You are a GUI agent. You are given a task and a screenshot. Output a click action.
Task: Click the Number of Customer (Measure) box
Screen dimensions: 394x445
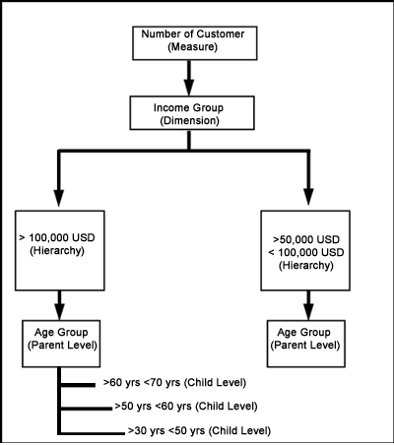click(x=195, y=43)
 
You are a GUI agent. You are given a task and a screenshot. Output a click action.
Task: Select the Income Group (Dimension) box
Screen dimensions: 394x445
click(x=192, y=113)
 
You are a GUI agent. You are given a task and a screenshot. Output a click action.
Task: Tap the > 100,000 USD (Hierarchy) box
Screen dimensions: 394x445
click(x=60, y=251)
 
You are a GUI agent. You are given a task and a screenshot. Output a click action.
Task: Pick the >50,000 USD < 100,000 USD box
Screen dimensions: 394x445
click(x=305, y=251)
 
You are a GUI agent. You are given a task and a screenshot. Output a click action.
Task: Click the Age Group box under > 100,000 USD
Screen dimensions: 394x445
click(x=61, y=344)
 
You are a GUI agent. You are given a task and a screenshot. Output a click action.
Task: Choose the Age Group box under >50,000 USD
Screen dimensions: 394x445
click(x=306, y=344)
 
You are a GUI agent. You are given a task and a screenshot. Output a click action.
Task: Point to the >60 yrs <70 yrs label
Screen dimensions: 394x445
click(x=174, y=383)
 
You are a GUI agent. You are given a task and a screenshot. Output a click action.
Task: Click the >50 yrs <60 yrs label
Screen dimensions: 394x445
click(x=186, y=407)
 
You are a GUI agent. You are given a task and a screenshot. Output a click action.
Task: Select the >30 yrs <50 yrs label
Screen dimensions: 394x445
click(x=199, y=430)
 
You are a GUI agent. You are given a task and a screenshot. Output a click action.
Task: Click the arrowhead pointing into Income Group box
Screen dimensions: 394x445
click(x=189, y=87)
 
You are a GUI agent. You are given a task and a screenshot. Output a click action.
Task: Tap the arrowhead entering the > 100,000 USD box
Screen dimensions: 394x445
click(x=59, y=197)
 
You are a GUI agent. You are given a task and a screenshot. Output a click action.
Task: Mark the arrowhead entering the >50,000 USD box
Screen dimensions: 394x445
click(x=308, y=197)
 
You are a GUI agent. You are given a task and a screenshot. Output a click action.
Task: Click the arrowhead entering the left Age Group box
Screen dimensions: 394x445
click(x=59, y=312)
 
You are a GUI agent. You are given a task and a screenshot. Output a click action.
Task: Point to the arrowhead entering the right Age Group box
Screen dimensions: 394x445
click(x=308, y=312)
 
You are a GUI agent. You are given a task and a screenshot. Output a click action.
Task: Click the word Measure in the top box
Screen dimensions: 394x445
click(x=193, y=47)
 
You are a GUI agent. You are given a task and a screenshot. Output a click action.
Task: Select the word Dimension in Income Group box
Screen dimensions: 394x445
click(x=190, y=121)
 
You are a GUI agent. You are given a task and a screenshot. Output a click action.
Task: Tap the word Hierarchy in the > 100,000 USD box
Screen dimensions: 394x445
click(x=57, y=251)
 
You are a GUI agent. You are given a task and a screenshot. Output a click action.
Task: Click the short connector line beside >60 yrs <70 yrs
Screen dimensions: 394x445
click(x=78, y=385)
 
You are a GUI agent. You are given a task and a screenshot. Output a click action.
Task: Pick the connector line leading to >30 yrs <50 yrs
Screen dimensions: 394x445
click(x=93, y=433)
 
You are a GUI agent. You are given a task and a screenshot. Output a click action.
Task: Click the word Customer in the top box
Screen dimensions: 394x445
click(x=221, y=34)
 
